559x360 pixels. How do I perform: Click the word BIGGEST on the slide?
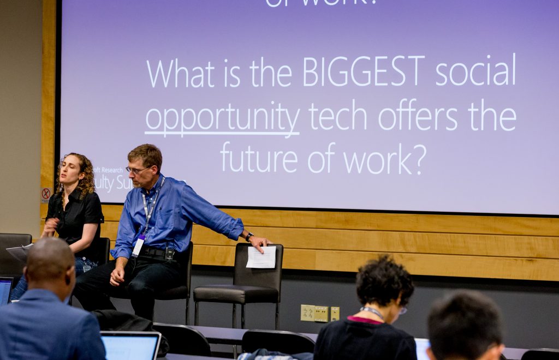(x=364, y=71)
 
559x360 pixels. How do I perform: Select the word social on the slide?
(x=475, y=71)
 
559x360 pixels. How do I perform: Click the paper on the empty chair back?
(x=261, y=257)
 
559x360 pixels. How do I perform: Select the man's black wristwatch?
(x=249, y=236)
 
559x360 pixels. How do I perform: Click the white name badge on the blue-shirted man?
(x=138, y=246)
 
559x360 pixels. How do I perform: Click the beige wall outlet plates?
(x=319, y=313)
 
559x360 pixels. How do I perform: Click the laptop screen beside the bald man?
(x=130, y=346)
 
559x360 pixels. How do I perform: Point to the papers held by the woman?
(x=20, y=251)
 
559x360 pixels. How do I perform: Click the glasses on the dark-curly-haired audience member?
(x=402, y=310)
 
